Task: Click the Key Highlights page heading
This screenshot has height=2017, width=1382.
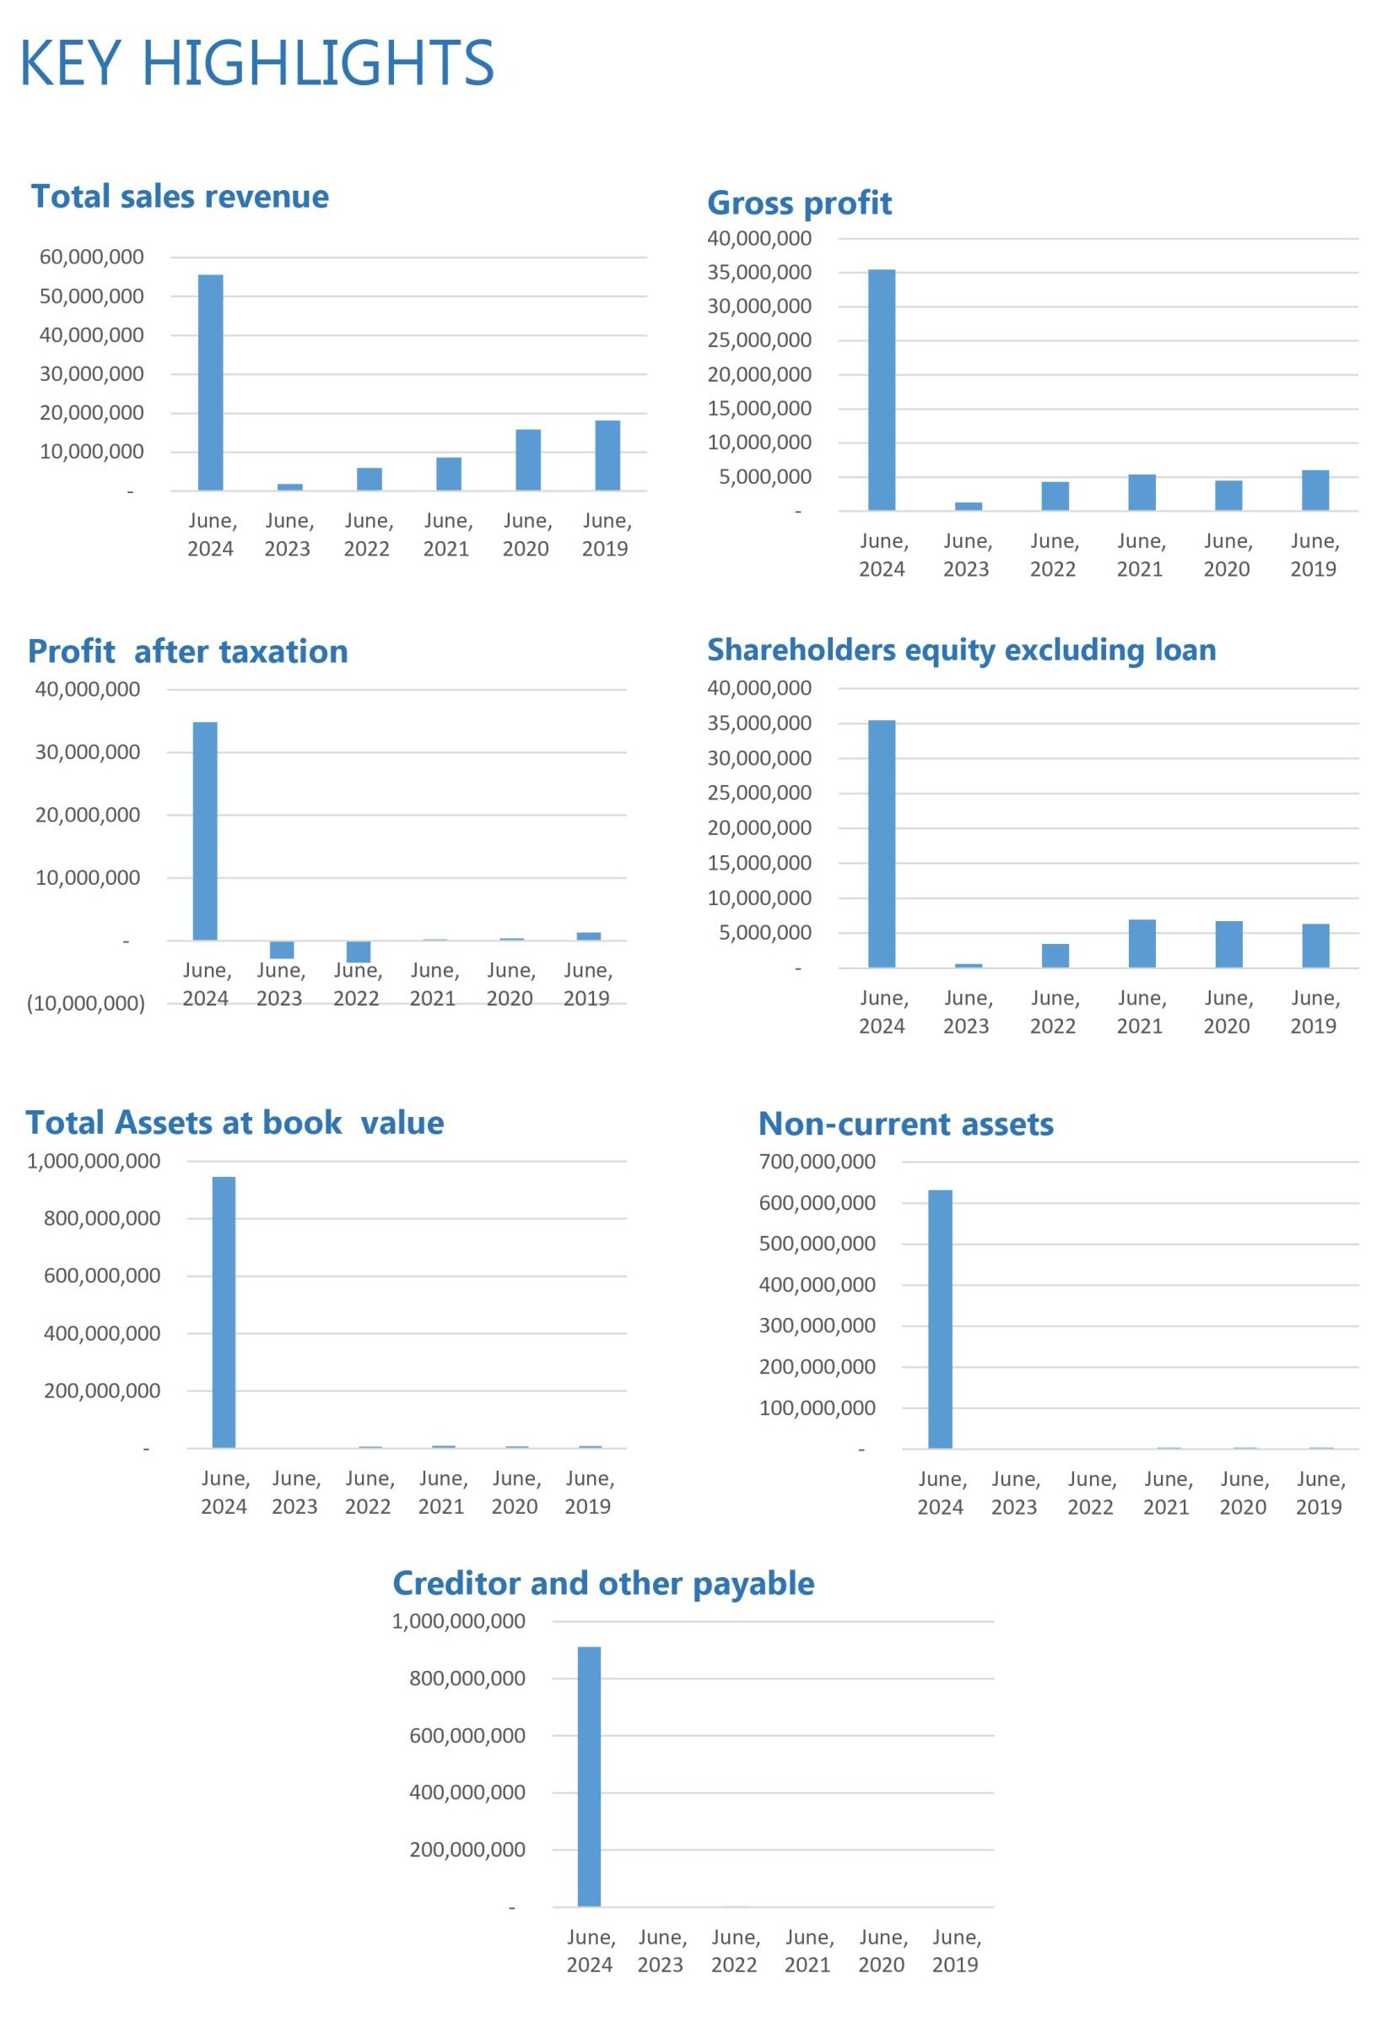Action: [256, 62]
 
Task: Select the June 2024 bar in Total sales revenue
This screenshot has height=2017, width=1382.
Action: [211, 382]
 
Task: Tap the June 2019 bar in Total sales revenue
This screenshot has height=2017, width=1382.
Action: [607, 456]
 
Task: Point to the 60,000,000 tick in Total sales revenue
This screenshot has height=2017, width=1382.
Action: [92, 257]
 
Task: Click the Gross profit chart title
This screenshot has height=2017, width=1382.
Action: [799, 203]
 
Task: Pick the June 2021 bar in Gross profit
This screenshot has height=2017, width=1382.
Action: [1142, 492]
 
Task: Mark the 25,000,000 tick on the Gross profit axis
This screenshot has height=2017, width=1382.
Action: [760, 340]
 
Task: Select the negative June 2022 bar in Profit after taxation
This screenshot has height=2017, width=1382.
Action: [359, 952]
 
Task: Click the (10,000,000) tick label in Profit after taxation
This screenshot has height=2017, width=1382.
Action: [86, 1003]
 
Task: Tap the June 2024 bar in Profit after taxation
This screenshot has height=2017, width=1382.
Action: [206, 831]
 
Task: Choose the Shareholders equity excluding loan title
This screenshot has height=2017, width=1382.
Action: [961, 650]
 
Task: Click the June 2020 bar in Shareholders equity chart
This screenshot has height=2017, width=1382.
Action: [1228, 943]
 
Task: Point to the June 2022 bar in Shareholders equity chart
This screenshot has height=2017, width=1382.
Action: [1055, 956]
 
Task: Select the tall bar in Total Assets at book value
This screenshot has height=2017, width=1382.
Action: [224, 1311]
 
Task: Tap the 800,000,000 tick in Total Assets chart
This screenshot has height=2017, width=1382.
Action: [102, 1218]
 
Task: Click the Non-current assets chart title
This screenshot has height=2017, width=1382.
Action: [905, 1124]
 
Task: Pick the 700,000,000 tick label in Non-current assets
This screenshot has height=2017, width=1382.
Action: [818, 1161]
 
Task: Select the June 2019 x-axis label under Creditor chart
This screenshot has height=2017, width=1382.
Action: [955, 1951]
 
